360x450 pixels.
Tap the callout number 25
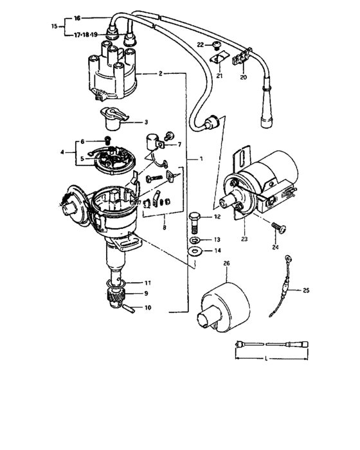tap(305, 291)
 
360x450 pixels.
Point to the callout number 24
tap(275, 246)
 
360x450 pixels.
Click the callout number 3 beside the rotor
tap(146, 121)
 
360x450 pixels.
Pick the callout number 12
tap(217, 217)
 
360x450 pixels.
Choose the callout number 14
tap(217, 250)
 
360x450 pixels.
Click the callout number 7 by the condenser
tap(179, 145)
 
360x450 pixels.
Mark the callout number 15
tap(54, 26)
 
